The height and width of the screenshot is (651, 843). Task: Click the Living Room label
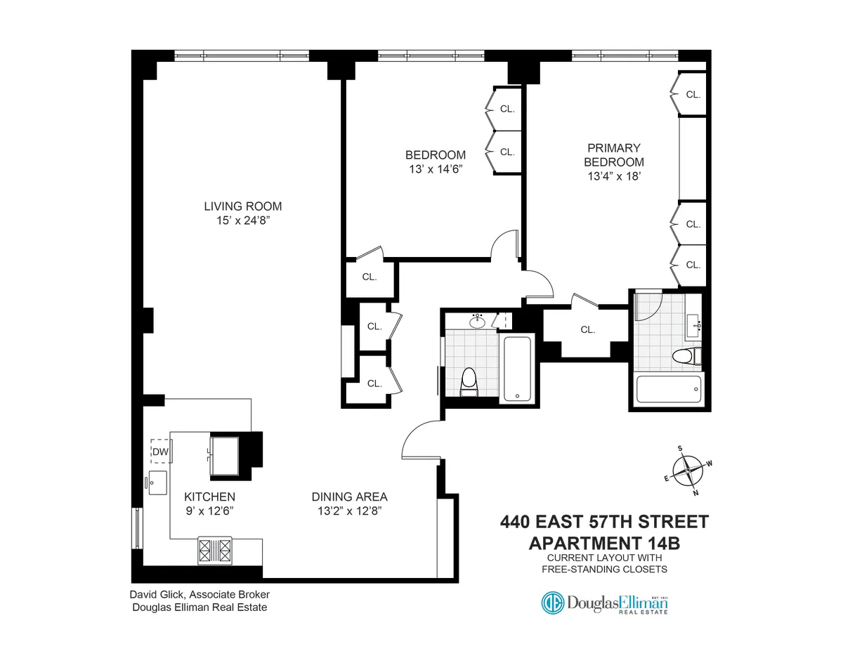click(242, 206)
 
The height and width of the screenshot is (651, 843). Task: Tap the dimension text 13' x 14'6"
click(436, 169)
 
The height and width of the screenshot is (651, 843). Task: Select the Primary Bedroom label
click(614, 155)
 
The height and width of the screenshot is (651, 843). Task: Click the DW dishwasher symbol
click(161, 452)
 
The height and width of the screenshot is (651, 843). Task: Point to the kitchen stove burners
click(215, 549)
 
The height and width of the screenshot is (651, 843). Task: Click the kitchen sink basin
click(157, 482)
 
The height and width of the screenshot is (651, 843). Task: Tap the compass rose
click(688, 471)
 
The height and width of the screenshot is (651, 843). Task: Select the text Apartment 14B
click(604, 543)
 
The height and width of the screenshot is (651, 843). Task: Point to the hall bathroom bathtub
click(517, 369)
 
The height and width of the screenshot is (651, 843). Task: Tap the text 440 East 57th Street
click(604, 522)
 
